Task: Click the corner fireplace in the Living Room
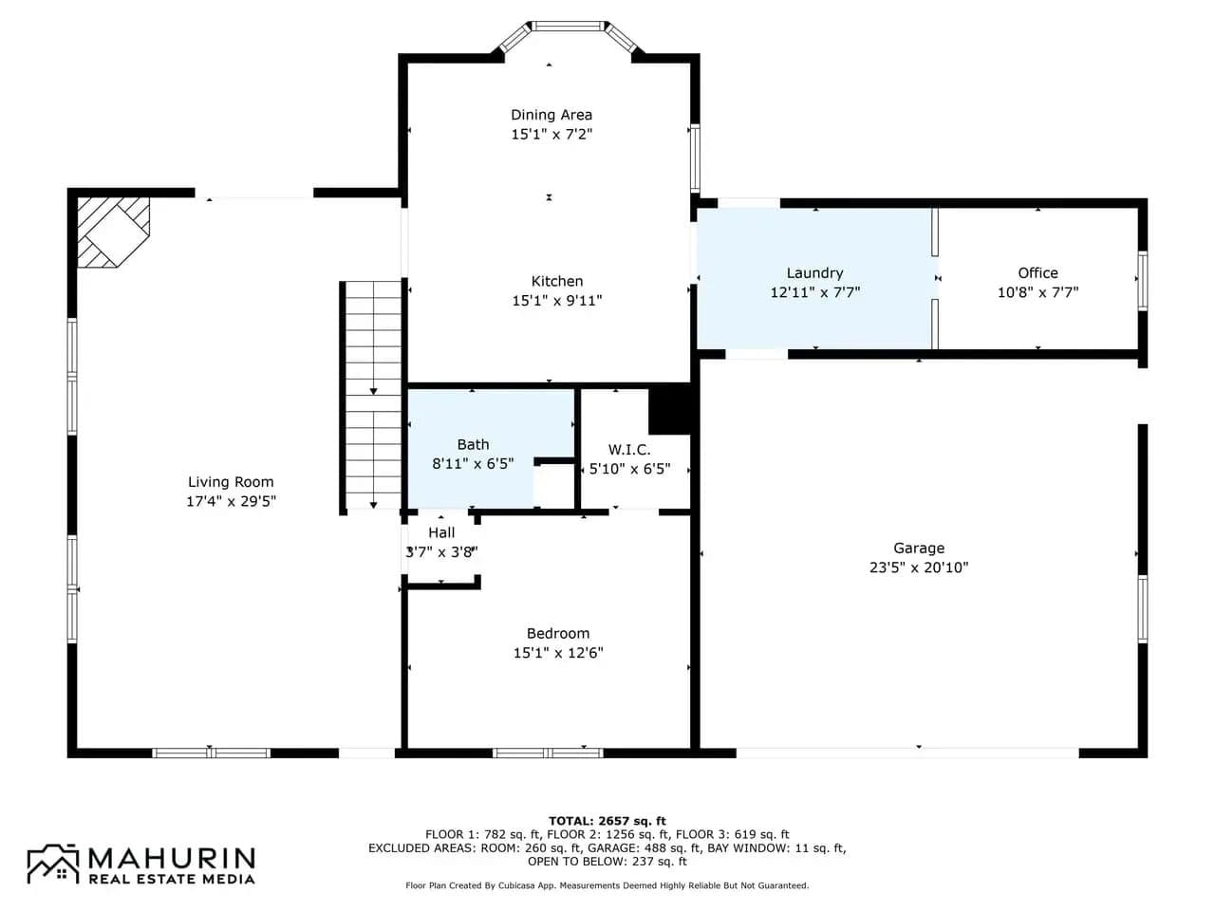[113, 232]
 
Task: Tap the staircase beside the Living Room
[370, 398]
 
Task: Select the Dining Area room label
[551, 115]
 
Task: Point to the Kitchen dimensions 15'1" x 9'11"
[557, 301]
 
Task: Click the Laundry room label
[814, 273]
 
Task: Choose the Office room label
[1037, 272]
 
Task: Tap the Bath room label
[474, 444]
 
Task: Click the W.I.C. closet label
[629, 449]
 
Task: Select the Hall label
[441, 532]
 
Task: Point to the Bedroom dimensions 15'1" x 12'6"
[558, 653]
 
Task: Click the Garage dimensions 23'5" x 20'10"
[919, 567]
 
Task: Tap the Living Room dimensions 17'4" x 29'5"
[231, 501]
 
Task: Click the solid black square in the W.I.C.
[670, 409]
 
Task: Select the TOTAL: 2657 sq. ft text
[607, 821]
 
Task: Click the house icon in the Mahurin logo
[53, 864]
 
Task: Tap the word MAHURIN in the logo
[172, 858]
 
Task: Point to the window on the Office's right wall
[1143, 281]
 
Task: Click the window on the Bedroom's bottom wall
[548, 753]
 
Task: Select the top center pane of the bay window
[568, 26]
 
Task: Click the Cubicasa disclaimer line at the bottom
[607, 885]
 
